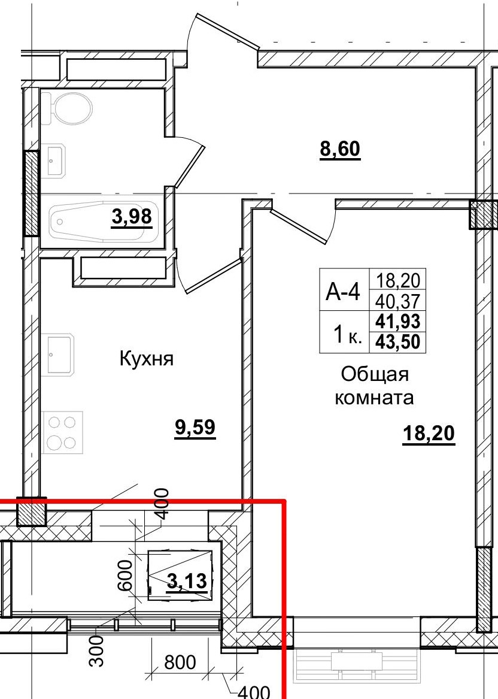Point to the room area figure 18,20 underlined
(x=429, y=434)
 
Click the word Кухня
(x=147, y=359)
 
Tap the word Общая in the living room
(x=375, y=375)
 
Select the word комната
(x=375, y=397)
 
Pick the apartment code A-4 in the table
(x=343, y=292)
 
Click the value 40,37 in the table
(x=397, y=299)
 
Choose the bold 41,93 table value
(x=397, y=321)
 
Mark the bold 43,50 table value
(x=397, y=342)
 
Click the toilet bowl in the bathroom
(x=71, y=109)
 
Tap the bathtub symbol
(x=99, y=221)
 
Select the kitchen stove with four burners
(x=62, y=432)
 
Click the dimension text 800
(x=180, y=662)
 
